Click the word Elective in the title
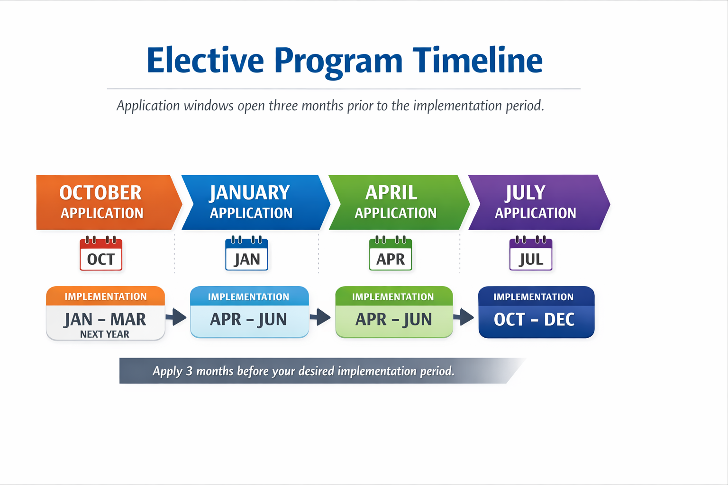205,60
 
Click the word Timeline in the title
477,60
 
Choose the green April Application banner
399,202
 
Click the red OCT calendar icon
101,253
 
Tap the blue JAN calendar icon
246,253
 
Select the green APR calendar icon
391,253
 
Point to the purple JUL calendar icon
531,253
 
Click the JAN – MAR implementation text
105,319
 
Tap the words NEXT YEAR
105,334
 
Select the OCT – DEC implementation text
534,319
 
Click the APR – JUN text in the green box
393,319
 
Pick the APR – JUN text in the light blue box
249,319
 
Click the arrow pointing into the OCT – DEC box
464,317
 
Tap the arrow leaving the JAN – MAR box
176,317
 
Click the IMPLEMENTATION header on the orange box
106,296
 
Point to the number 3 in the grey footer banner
189,371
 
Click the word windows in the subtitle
209,106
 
